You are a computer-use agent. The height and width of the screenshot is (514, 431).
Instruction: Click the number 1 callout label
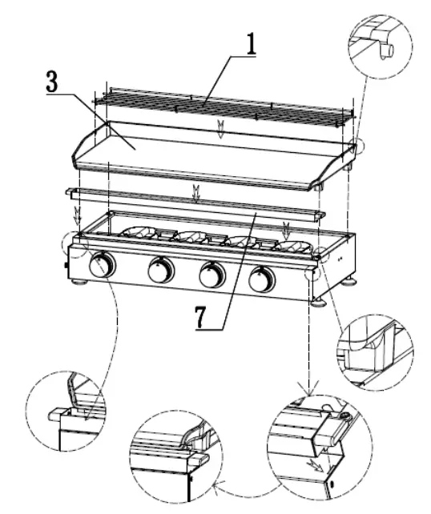252,42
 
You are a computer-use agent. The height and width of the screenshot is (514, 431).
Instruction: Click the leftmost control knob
102,265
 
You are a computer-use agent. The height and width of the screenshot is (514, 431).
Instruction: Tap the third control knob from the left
211,275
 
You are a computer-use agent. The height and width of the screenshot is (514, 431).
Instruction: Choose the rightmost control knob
261,279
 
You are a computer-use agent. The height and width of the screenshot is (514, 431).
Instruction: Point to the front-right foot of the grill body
318,301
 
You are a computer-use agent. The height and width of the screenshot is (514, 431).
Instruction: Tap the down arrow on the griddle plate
220,133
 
